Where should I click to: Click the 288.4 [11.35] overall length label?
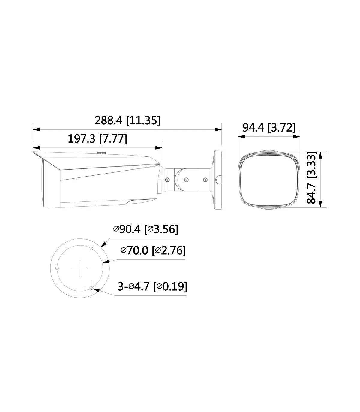(x=127, y=121)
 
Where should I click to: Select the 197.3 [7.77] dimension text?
(x=97, y=139)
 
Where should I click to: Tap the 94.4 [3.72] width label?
(x=269, y=128)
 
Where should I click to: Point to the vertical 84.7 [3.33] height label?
(x=311, y=177)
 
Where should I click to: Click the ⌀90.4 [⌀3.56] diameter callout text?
(x=145, y=229)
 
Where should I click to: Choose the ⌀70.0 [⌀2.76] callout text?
(x=153, y=250)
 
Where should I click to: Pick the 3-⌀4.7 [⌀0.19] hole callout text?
(x=152, y=286)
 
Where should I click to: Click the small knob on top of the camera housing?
(x=101, y=153)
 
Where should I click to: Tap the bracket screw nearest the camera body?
(x=167, y=180)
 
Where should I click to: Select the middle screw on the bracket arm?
(x=186, y=180)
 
